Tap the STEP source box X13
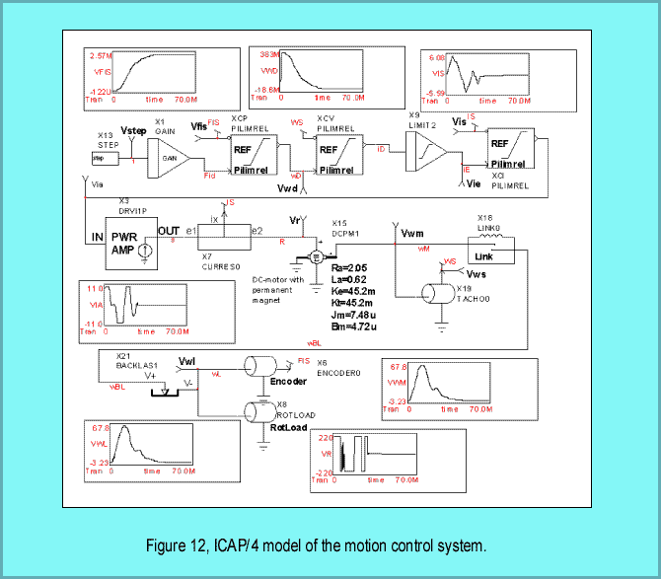(100, 158)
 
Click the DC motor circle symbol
(317, 255)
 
